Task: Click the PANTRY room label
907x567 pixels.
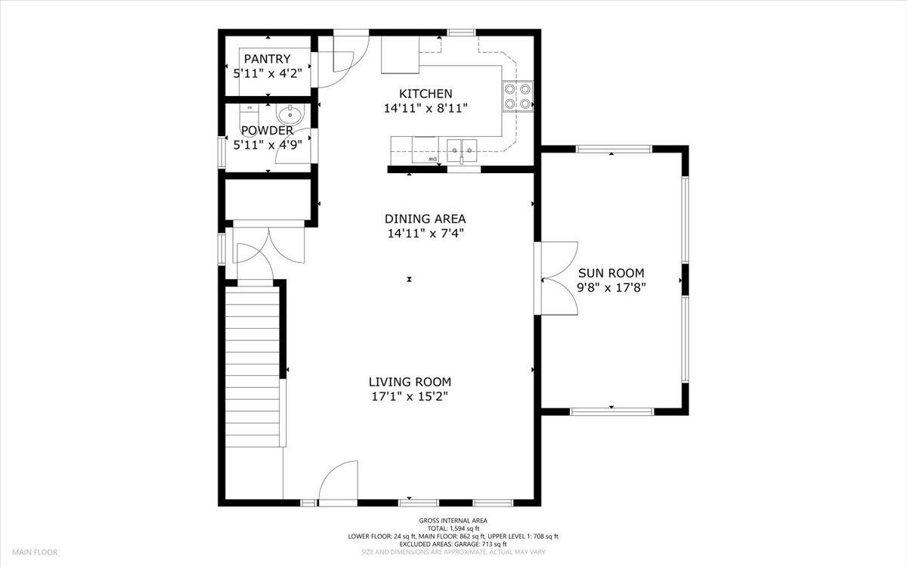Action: click(x=267, y=59)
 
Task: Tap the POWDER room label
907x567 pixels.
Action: click(x=267, y=131)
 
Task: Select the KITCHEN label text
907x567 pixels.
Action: click(x=426, y=94)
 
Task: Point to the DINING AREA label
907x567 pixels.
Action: click(x=426, y=219)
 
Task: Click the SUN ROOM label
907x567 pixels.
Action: click(x=611, y=273)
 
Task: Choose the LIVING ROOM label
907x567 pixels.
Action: click(x=410, y=382)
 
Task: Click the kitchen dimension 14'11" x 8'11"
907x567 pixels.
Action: click(x=426, y=108)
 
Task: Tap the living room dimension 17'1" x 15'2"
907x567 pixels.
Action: click(x=410, y=396)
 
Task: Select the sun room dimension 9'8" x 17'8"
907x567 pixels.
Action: click(x=611, y=287)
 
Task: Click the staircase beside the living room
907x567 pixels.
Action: click(x=252, y=367)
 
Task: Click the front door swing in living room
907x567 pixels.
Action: click(x=338, y=484)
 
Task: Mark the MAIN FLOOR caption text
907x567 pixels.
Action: click(x=34, y=553)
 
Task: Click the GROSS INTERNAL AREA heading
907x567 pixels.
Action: click(x=453, y=520)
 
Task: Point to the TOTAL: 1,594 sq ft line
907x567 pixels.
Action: click(x=453, y=528)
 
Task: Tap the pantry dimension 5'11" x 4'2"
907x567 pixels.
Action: click(x=267, y=73)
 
